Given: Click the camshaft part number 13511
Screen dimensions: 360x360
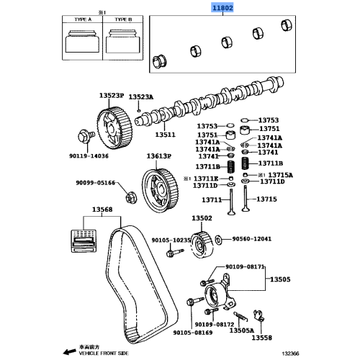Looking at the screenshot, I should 166,134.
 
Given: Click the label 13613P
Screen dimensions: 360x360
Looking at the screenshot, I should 159,156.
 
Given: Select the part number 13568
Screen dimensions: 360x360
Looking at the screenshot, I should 102,210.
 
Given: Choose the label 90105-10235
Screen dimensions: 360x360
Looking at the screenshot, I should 170,240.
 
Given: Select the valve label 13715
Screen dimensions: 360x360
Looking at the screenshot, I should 267,199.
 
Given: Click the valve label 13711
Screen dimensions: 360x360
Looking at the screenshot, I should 211,199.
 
